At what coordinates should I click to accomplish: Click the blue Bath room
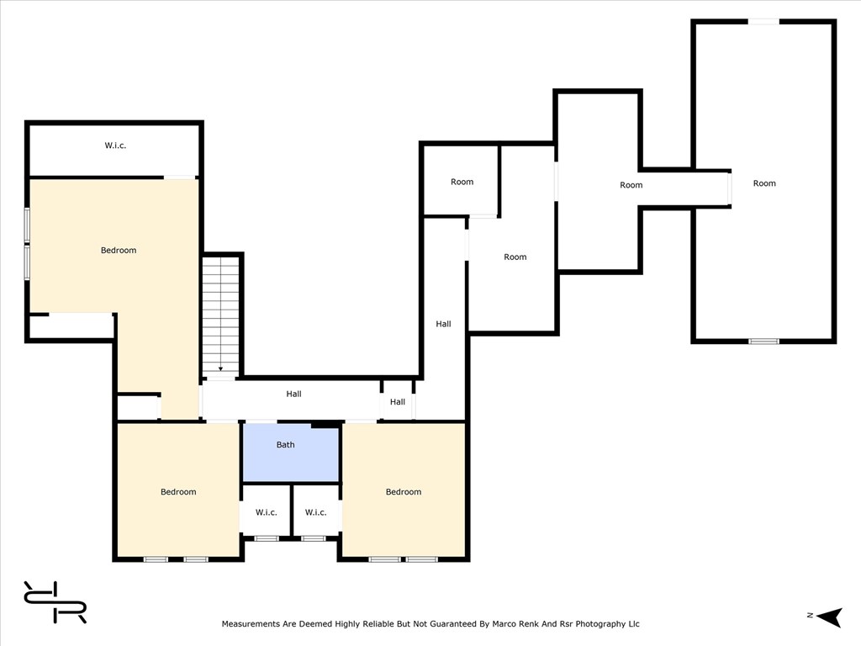coord(290,453)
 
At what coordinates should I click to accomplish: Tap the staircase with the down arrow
coord(221,316)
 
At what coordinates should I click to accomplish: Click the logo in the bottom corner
coord(55,602)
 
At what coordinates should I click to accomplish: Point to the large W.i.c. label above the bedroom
coord(115,146)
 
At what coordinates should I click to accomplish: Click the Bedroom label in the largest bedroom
coord(119,251)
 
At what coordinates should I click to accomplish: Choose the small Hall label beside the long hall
coord(398,402)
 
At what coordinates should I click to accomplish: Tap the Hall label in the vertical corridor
coord(443,324)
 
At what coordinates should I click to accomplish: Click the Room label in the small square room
coord(462,182)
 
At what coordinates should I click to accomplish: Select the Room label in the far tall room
coord(764,183)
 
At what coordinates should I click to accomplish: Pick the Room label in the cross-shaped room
coord(631,185)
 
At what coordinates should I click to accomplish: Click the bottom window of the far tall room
coord(763,342)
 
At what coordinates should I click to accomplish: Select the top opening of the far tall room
coord(763,21)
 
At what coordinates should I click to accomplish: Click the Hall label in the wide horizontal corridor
coord(293,394)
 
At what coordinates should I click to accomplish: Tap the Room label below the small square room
coord(515,257)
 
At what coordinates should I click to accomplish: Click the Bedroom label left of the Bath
coord(178,492)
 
